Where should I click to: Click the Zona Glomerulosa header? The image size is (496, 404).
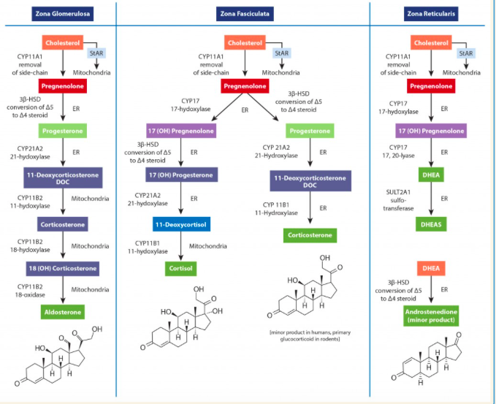pos(63,13)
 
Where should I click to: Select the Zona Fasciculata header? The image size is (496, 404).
pos(244,13)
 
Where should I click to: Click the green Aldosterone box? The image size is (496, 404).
pos(63,311)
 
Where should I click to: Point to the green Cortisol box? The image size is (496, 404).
pos(180,268)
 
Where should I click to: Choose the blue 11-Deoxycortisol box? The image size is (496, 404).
pos(180,224)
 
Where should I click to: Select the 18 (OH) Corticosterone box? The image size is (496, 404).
pos(63,268)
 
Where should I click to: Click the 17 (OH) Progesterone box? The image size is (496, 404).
pos(180,175)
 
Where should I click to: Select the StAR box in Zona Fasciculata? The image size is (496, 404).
pos(281,53)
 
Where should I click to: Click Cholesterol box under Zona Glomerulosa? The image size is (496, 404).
pos(63,43)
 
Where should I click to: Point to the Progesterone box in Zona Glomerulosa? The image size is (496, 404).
pos(63,131)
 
